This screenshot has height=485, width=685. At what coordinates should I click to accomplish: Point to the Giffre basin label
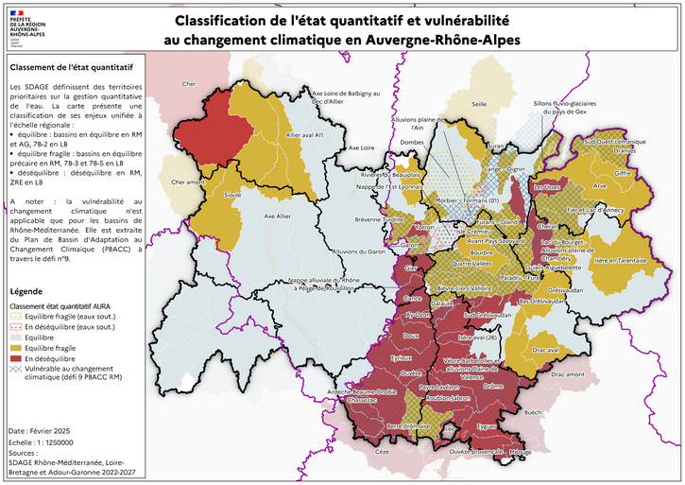point(622,174)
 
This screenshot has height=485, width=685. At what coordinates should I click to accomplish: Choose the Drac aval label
point(546,350)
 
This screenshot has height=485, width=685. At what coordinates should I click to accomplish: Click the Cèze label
point(382,452)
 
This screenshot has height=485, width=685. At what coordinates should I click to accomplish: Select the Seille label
point(479,104)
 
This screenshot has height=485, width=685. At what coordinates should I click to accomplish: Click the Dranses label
point(625,149)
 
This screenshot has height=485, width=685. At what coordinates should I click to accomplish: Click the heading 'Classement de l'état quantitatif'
point(70,67)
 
